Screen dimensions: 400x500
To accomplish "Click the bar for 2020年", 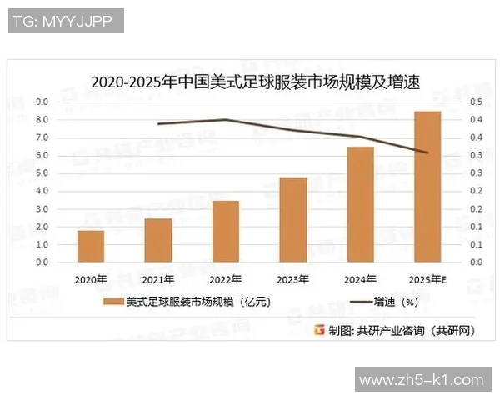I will pyautogui.click(x=91, y=246).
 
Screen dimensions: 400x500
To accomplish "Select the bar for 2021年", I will pyautogui.click(x=158, y=240).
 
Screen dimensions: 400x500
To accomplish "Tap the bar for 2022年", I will pyautogui.click(x=226, y=231).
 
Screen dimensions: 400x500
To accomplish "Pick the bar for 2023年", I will pyautogui.click(x=292, y=219).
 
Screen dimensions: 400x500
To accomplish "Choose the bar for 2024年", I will pyautogui.click(x=360, y=204).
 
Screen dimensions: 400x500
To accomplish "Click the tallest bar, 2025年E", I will pyautogui.click(x=427, y=187).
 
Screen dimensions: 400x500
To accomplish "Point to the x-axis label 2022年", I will pyautogui.click(x=226, y=278).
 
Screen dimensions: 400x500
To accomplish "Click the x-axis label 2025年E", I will pyautogui.click(x=428, y=278).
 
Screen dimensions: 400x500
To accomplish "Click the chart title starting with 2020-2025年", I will pyautogui.click(x=254, y=82).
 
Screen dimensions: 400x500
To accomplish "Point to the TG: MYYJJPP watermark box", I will pyautogui.click(x=66, y=21).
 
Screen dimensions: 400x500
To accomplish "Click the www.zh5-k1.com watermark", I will pyautogui.click(x=421, y=380).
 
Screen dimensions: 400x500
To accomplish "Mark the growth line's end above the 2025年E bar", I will pyautogui.click(x=427, y=152).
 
